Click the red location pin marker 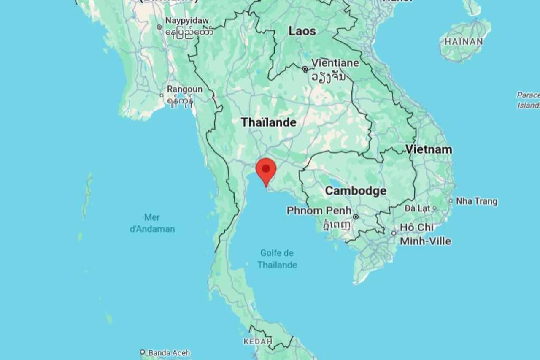[266, 170]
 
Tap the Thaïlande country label [268, 122]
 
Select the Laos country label [302, 31]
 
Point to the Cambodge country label [355, 191]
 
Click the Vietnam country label [429, 149]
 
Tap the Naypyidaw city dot [159, 27]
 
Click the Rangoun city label [184, 89]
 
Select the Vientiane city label [335, 63]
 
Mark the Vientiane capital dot [305, 69]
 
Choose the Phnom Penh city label [319, 210]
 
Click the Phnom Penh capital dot [356, 217]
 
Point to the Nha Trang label [477, 201]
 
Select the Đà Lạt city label [418, 208]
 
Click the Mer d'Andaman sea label [152, 223]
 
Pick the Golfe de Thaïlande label [277, 259]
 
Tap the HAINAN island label [463, 41]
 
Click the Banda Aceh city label [169, 353]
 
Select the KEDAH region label [257, 341]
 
